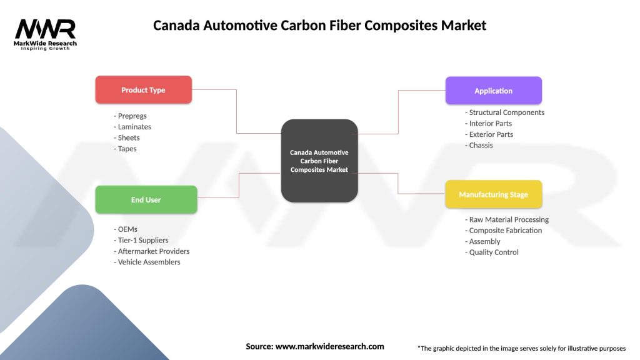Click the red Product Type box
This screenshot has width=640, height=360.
click(x=143, y=90)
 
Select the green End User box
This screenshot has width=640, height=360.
click(x=146, y=200)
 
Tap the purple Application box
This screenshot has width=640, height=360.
click(x=493, y=91)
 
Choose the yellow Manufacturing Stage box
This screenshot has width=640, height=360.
click(x=493, y=194)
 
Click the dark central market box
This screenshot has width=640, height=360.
click(x=319, y=161)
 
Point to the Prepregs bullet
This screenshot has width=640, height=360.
click(x=131, y=116)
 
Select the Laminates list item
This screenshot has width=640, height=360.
click(x=132, y=127)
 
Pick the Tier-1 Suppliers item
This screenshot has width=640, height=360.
click(x=141, y=240)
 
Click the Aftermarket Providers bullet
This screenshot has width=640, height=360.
click(x=152, y=251)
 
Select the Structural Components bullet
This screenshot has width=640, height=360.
click(x=505, y=112)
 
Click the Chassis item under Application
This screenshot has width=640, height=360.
click(x=479, y=145)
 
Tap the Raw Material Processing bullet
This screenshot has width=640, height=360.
click(x=507, y=219)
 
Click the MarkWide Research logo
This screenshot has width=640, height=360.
click(x=46, y=34)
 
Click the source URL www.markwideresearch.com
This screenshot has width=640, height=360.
click(x=329, y=346)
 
